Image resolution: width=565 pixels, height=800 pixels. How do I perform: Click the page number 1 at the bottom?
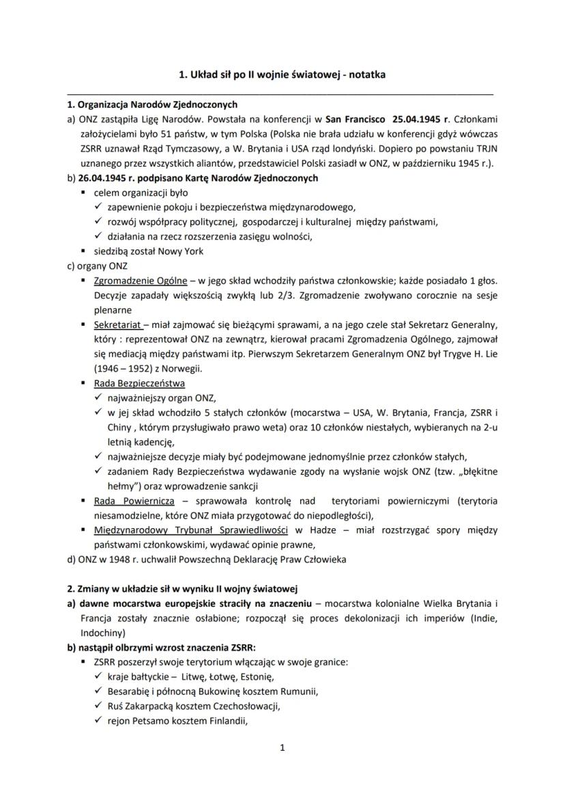click(x=282, y=748)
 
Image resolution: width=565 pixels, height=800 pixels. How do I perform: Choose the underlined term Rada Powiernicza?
click(x=134, y=501)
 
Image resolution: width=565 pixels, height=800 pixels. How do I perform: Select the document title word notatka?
click(x=367, y=75)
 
